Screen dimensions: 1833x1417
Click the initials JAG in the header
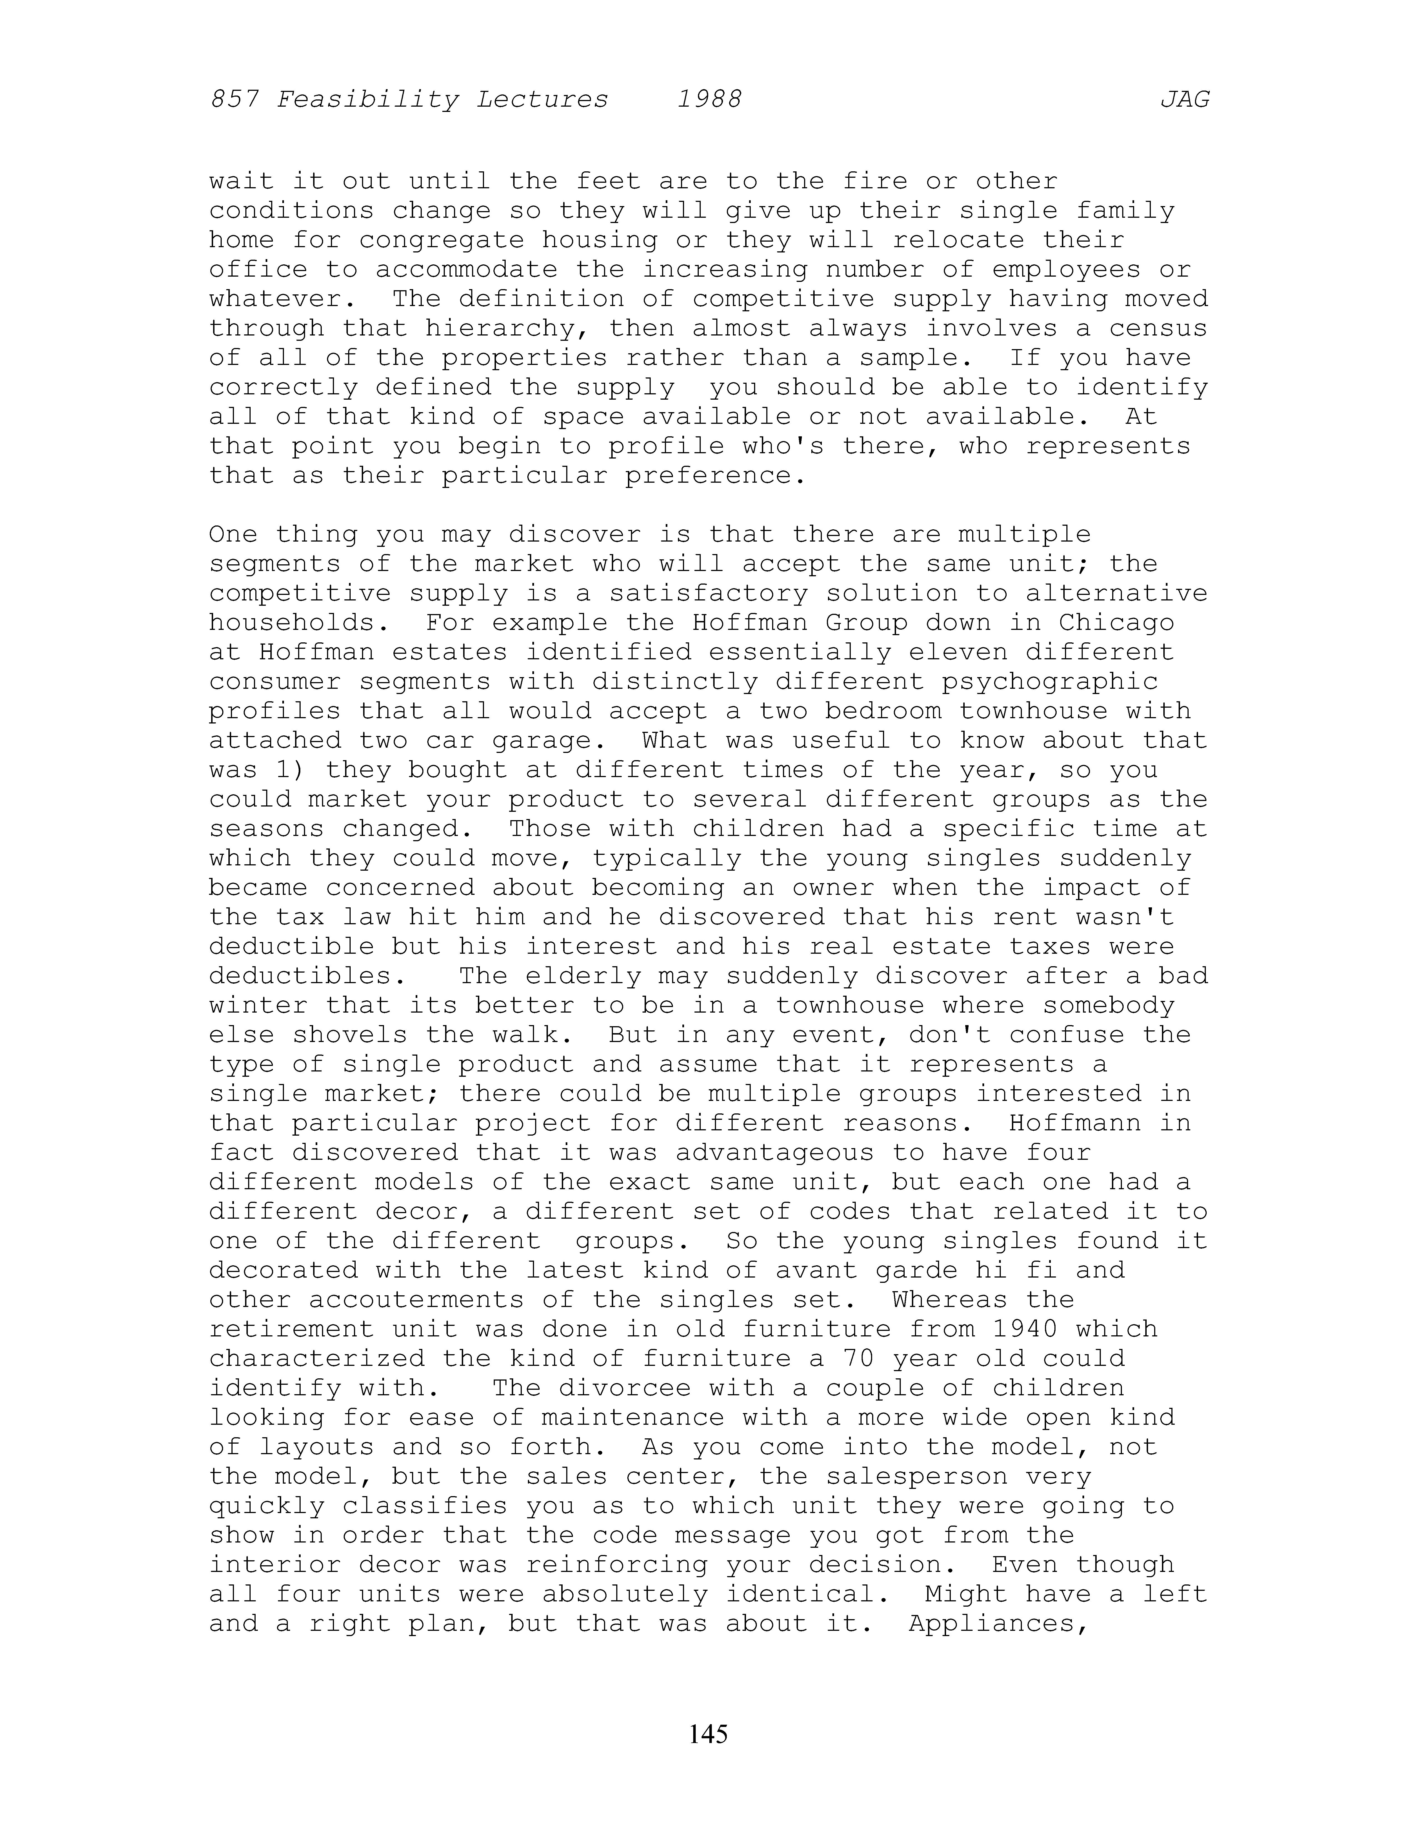(1184, 100)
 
